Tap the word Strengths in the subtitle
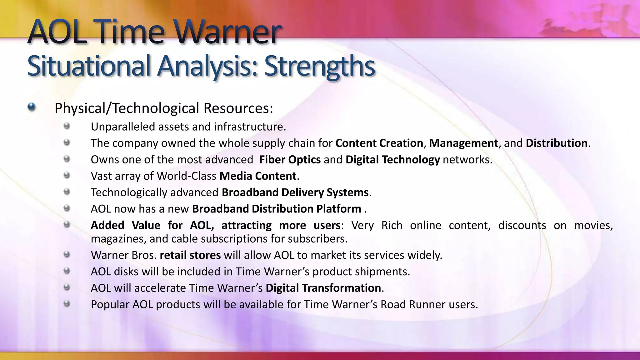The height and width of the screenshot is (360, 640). pyautogui.click(x=319, y=66)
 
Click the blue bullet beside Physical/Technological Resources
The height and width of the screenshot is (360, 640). pyautogui.click(x=31, y=107)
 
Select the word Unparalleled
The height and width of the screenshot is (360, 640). pyautogui.click(x=123, y=127)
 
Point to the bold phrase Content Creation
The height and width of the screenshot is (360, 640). pyautogui.click(x=379, y=143)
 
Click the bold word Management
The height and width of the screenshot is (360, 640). pyautogui.click(x=463, y=143)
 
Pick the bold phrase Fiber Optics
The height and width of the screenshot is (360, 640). pyautogui.click(x=290, y=160)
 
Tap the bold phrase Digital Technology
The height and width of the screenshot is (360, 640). pyautogui.click(x=392, y=160)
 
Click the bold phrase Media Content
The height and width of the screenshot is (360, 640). pyautogui.click(x=258, y=176)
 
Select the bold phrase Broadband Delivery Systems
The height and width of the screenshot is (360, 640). pyautogui.click(x=295, y=192)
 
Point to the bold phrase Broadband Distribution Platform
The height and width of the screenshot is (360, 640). pyautogui.click(x=277, y=209)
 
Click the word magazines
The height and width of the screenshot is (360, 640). pyautogui.click(x=118, y=239)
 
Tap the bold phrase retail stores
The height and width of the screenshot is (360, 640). pyautogui.click(x=190, y=255)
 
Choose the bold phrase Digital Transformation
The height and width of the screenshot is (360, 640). pyautogui.click(x=323, y=288)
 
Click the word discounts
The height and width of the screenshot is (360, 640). pyautogui.click(x=522, y=225)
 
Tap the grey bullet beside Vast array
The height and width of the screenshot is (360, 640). pyautogui.click(x=66, y=175)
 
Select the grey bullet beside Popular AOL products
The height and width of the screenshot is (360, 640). pyautogui.click(x=66, y=303)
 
